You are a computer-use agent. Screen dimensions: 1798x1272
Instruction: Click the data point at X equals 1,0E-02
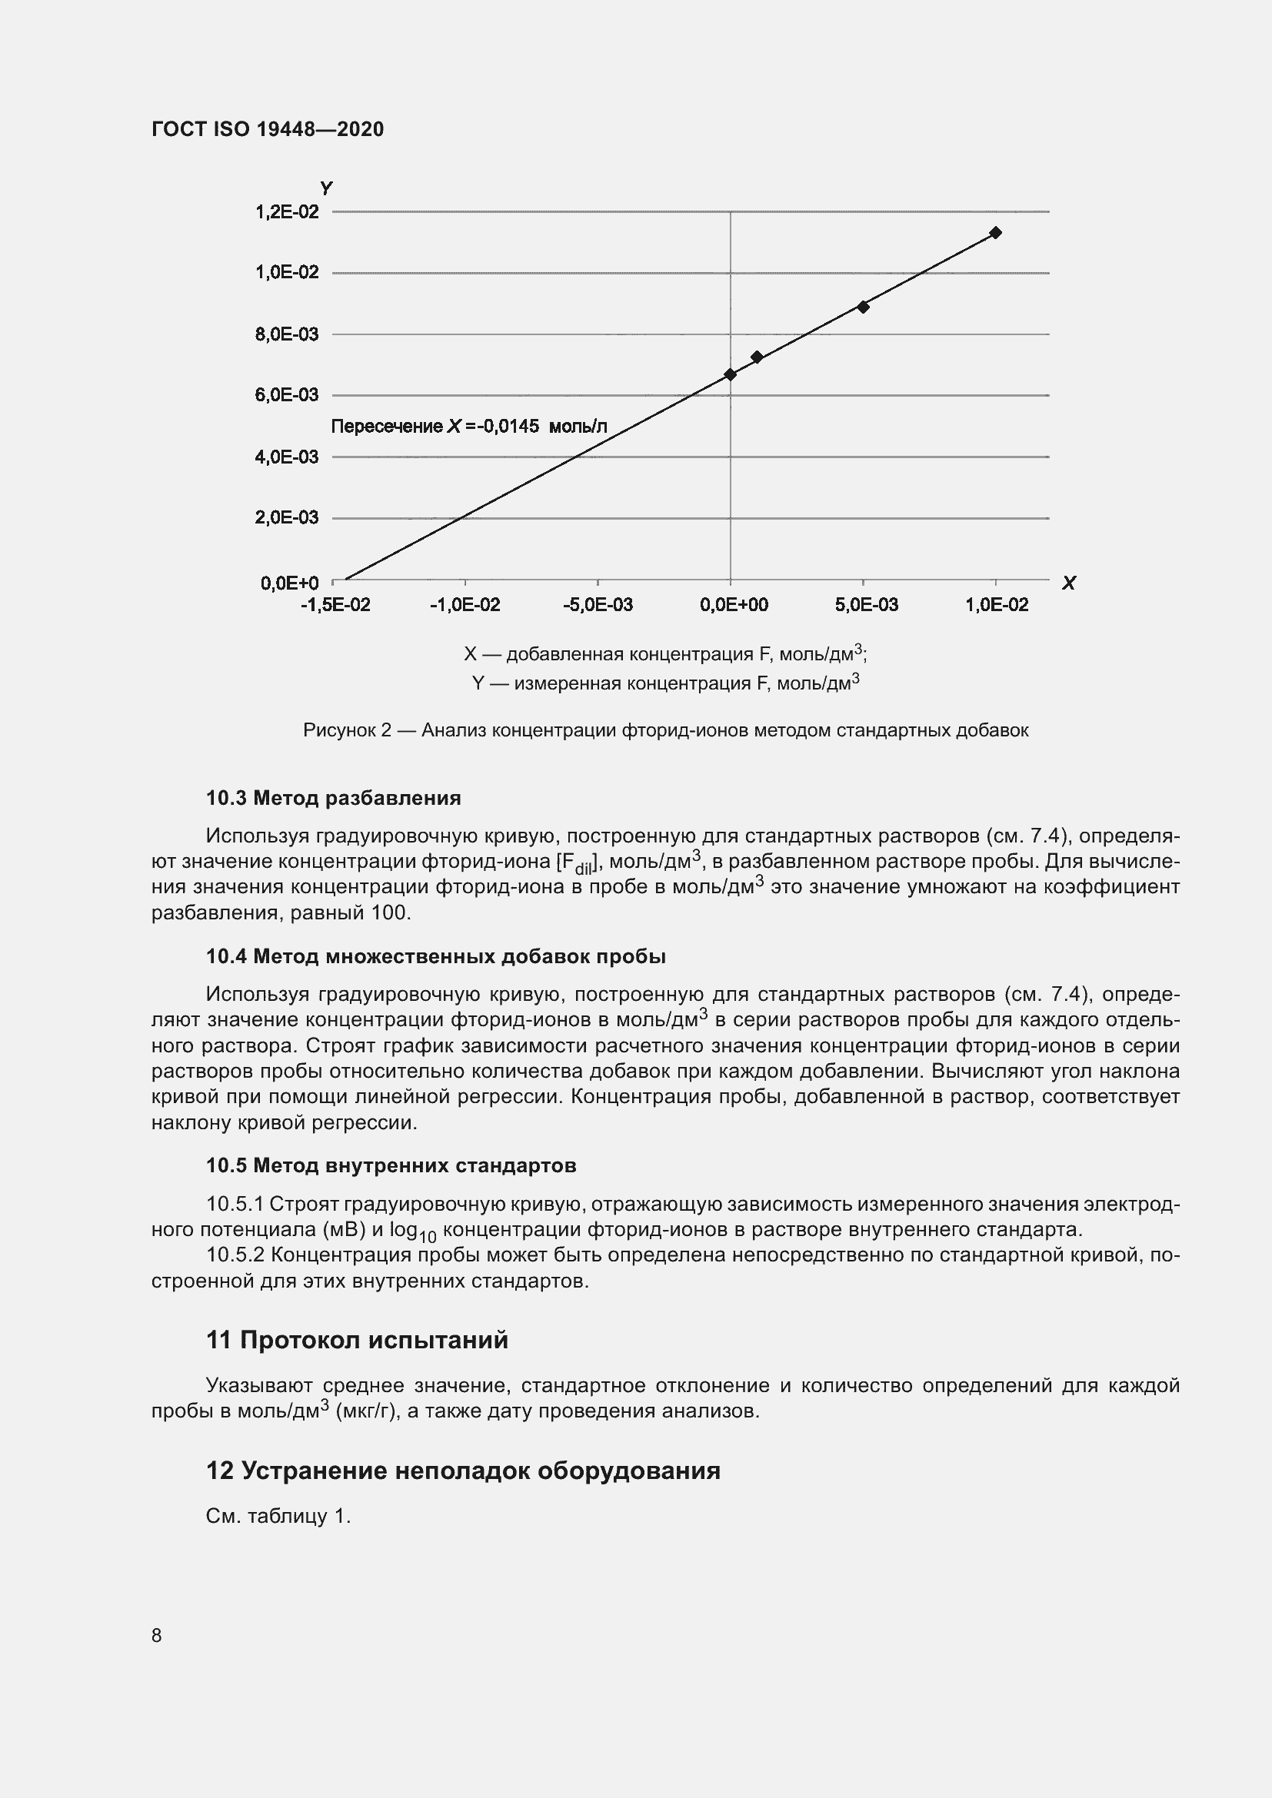[995, 233]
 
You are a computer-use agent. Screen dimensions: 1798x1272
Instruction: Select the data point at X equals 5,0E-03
[863, 307]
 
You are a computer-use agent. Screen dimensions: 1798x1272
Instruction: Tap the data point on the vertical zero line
[730, 374]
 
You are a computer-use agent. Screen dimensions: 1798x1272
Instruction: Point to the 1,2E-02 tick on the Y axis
[287, 212]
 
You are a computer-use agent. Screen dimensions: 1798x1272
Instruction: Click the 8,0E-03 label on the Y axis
[287, 334]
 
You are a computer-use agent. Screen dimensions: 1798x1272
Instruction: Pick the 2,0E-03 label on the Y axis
[287, 517]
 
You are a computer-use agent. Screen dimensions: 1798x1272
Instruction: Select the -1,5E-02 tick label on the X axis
[335, 605]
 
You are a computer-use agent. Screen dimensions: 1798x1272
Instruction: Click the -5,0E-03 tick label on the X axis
[598, 605]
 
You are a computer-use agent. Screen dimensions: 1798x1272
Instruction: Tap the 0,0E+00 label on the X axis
[734, 605]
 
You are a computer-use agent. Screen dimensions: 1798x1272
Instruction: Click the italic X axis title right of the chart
[1068, 583]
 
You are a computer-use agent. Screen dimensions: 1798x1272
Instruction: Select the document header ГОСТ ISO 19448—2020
[268, 130]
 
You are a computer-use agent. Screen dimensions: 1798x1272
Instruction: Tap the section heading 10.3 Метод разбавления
[334, 798]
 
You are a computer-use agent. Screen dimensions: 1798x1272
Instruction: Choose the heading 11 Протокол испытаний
[357, 1340]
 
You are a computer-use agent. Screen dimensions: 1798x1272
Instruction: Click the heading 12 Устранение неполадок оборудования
[463, 1471]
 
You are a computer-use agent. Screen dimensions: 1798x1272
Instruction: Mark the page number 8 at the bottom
[157, 1636]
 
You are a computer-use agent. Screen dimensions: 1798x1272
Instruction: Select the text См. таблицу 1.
[278, 1517]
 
